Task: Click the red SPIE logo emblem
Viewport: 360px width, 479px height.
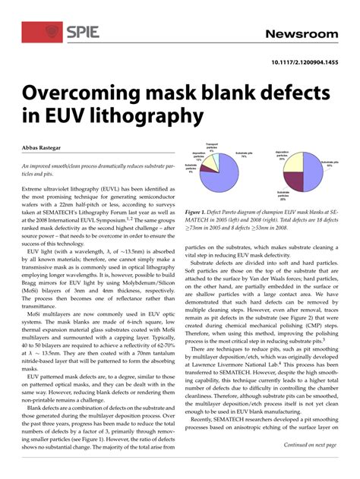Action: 52,31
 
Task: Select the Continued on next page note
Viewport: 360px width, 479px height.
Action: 309,445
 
